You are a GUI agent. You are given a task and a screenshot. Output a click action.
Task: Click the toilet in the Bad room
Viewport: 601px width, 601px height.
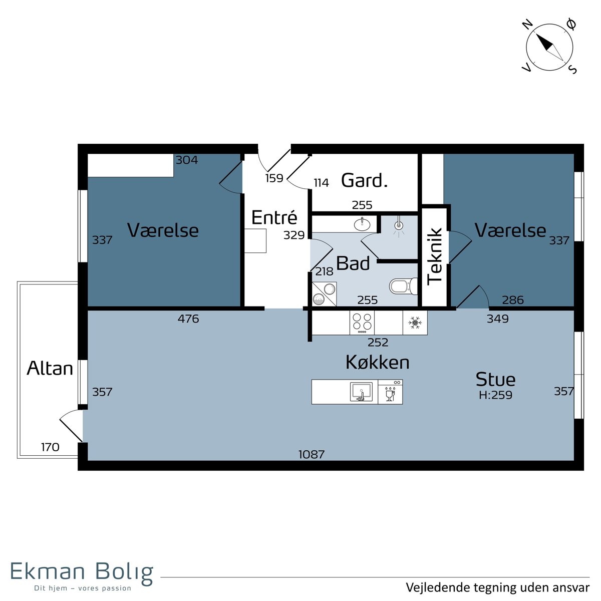403,285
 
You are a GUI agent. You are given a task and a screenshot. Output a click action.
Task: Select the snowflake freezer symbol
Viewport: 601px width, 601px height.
415,323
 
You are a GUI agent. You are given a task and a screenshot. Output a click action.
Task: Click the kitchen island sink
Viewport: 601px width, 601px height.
361,392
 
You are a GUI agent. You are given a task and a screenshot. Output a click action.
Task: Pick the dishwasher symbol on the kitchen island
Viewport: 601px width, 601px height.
390,392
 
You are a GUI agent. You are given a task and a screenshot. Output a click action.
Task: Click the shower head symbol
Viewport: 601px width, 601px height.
399,225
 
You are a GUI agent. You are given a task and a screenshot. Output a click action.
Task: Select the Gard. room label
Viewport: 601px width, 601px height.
364,180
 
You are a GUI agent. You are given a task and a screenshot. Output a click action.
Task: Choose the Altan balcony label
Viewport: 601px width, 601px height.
50,368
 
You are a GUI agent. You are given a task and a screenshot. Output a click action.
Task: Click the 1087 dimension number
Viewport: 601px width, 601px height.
311,454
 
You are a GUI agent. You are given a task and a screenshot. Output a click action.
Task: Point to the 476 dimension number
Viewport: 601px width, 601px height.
188,319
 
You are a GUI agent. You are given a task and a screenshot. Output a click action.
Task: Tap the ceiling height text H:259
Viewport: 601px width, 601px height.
495,395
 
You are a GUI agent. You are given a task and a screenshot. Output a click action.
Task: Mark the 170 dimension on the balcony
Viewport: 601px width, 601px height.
50,447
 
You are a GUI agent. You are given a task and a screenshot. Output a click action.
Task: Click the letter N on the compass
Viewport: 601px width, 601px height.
527,24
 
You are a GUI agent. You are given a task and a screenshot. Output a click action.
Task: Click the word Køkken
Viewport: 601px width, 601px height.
378,362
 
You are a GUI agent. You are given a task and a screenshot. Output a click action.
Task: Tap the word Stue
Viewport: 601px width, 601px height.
495,379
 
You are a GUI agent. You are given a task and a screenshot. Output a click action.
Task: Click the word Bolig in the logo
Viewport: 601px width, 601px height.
124,571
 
